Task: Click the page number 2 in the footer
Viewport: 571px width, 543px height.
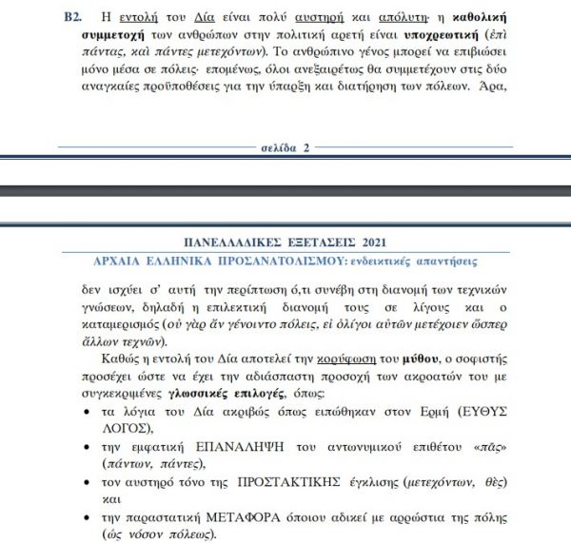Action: pos(306,148)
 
